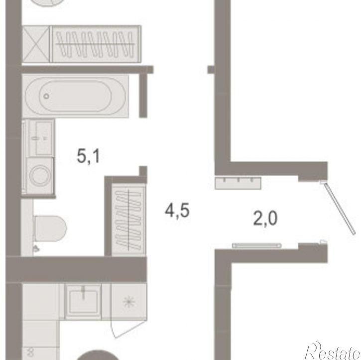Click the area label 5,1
click(88, 156)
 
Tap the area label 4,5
click(177, 211)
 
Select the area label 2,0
click(265, 218)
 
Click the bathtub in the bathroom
click(75, 96)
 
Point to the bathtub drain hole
click(46, 96)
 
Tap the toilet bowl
click(50, 229)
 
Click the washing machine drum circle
click(40, 175)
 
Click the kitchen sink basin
click(83, 302)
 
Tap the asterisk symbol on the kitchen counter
click(129, 302)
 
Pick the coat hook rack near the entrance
click(238, 183)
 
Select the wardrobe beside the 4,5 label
click(128, 220)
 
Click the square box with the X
click(36, 44)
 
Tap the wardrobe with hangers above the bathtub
click(96, 44)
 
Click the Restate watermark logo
click(333, 350)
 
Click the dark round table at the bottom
click(98, 355)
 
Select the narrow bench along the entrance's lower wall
click(257, 245)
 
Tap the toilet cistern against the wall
click(27, 228)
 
